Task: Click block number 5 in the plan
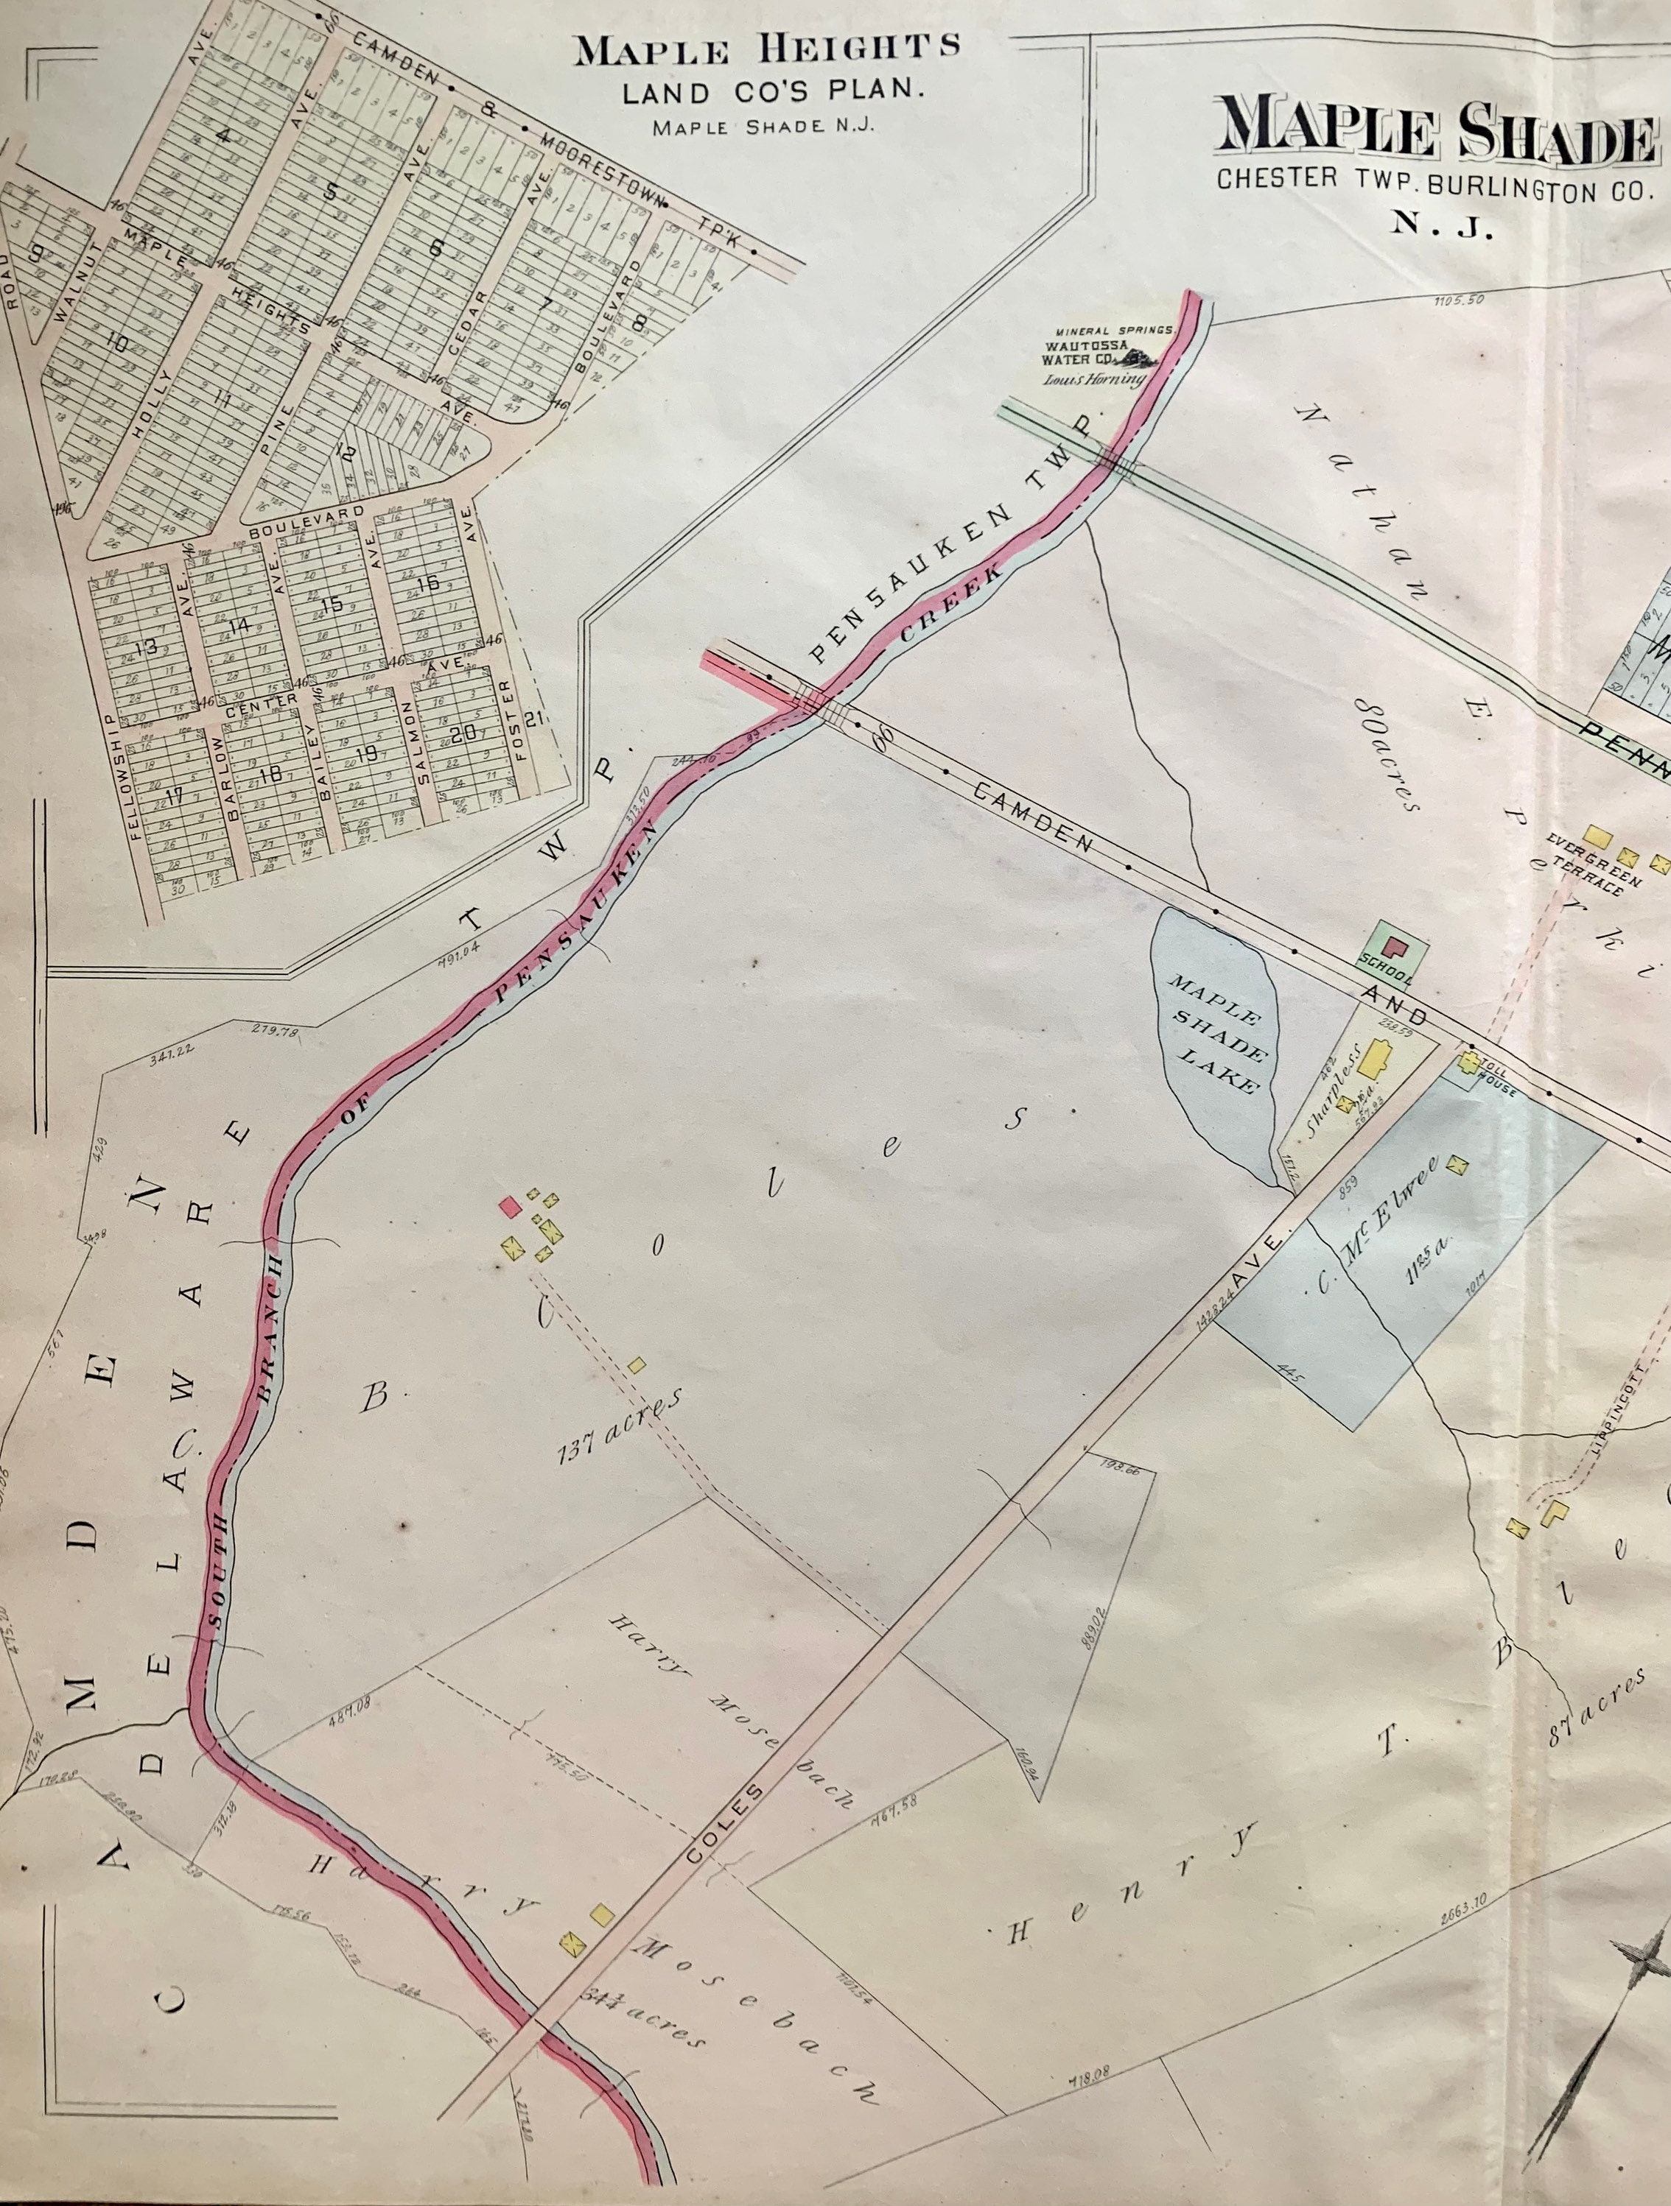coord(332,191)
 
